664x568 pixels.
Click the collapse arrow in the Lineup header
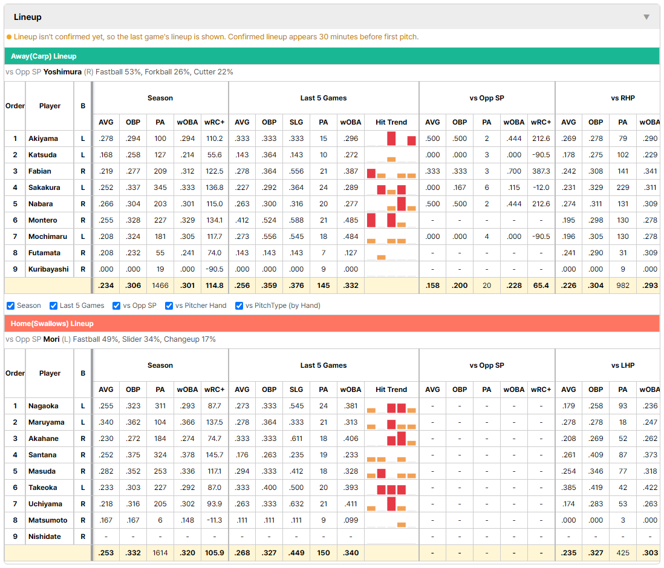click(x=646, y=17)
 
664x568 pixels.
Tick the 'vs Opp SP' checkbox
click(x=117, y=306)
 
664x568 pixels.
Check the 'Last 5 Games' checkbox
click(x=53, y=306)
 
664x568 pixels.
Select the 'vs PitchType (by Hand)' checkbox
click(x=239, y=306)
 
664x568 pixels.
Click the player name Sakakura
click(x=44, y=188)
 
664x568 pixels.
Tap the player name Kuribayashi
click(x=48, y=269)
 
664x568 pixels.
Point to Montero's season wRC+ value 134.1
click(x=215, y=220)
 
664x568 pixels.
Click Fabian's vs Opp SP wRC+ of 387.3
click(x=541, y=171)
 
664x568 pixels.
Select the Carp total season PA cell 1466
click(x=160, y=286)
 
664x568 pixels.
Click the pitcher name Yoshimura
click(x=62, y=72)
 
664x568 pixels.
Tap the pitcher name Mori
click(x=51, y=339)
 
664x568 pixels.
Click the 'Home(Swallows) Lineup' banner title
click(x=52, y=324)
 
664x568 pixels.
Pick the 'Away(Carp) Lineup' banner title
click(x=44, y=56)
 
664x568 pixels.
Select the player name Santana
click(x=42, y=455)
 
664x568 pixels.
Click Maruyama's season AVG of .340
click(x=106, y=422)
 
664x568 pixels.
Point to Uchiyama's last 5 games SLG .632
click(x=296, y=504)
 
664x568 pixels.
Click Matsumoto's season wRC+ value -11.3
click(x=215, y=520)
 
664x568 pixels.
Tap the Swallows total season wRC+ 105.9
click(x=215, y=553)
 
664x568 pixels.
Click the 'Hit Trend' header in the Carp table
click(x=391, y=122)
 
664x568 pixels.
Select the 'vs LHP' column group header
click(x=623, y=365)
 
